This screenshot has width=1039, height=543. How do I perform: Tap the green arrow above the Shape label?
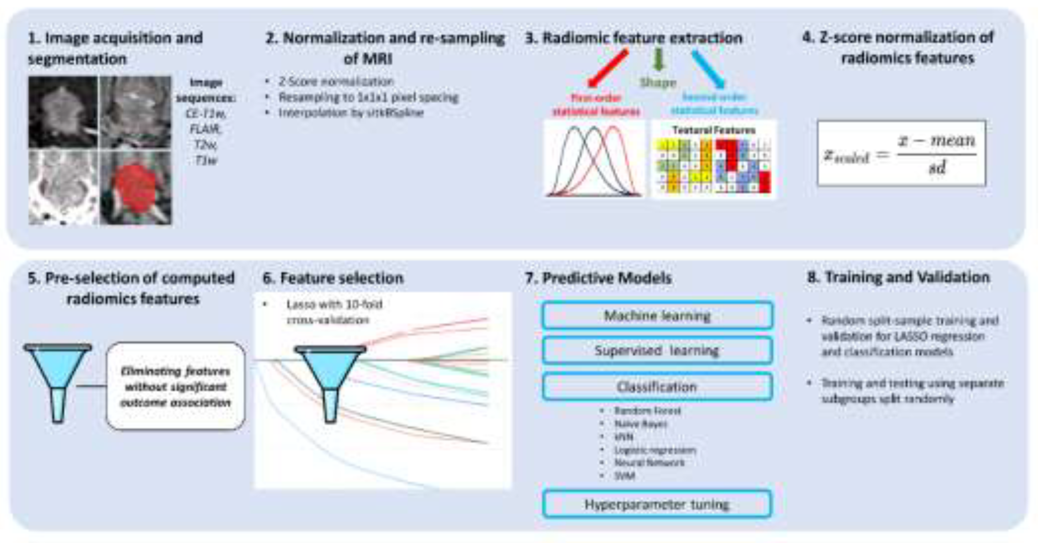658,60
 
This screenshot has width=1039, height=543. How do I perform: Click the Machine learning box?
657,315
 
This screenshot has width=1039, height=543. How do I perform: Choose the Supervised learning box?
657,350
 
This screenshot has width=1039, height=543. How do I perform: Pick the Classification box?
657,386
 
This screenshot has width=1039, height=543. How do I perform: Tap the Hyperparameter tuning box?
657,504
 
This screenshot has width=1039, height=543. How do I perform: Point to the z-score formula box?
901,153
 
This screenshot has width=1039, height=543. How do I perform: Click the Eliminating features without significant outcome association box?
176,386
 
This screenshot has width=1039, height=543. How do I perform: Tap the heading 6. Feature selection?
333,278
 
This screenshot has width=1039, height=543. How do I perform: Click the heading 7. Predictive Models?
598,278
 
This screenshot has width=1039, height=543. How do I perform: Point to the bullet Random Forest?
647,411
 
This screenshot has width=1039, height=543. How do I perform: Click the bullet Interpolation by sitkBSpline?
351,113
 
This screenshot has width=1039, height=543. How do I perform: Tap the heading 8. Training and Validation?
898,277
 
